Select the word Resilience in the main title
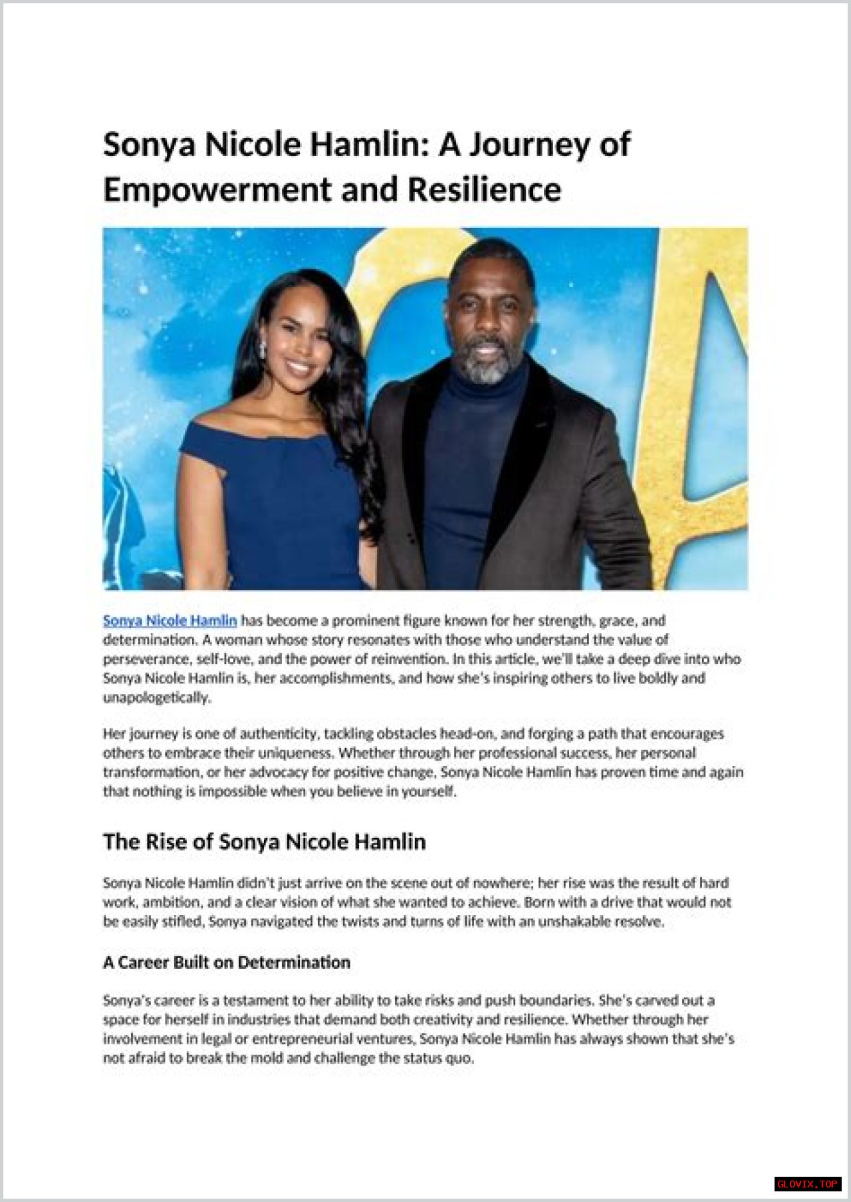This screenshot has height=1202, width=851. point(484,189)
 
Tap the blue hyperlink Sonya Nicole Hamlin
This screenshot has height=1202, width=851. point(170,621)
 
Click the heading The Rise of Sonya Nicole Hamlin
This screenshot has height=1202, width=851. point(264,842)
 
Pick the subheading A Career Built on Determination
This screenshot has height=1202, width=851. point(226,962)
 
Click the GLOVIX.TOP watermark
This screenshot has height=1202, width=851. point(808,1184)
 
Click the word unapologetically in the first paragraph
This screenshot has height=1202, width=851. point(156,698)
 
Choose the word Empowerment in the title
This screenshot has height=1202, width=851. point(217,189)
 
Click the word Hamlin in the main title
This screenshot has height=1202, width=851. point(368,145)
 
